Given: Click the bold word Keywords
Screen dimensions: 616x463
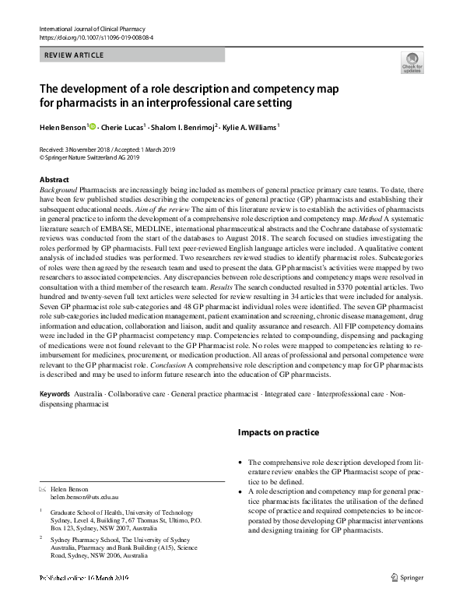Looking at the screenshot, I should click(x=54, y=395).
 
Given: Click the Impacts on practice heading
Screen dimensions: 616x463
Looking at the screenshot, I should click(x=278, y=432).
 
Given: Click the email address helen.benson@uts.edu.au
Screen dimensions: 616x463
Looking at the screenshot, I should click(x=84, y=495).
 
